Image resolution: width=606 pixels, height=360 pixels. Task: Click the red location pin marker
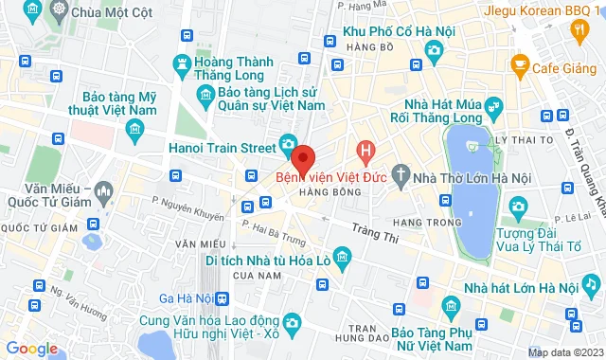(302, 157)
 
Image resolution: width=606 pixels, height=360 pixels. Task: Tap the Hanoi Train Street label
(222, 147)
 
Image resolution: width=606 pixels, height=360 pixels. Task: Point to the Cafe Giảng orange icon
(519, 64)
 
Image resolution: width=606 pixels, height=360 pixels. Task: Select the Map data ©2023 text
(563, 352)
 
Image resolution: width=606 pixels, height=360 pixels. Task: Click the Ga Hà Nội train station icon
(221, 298)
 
